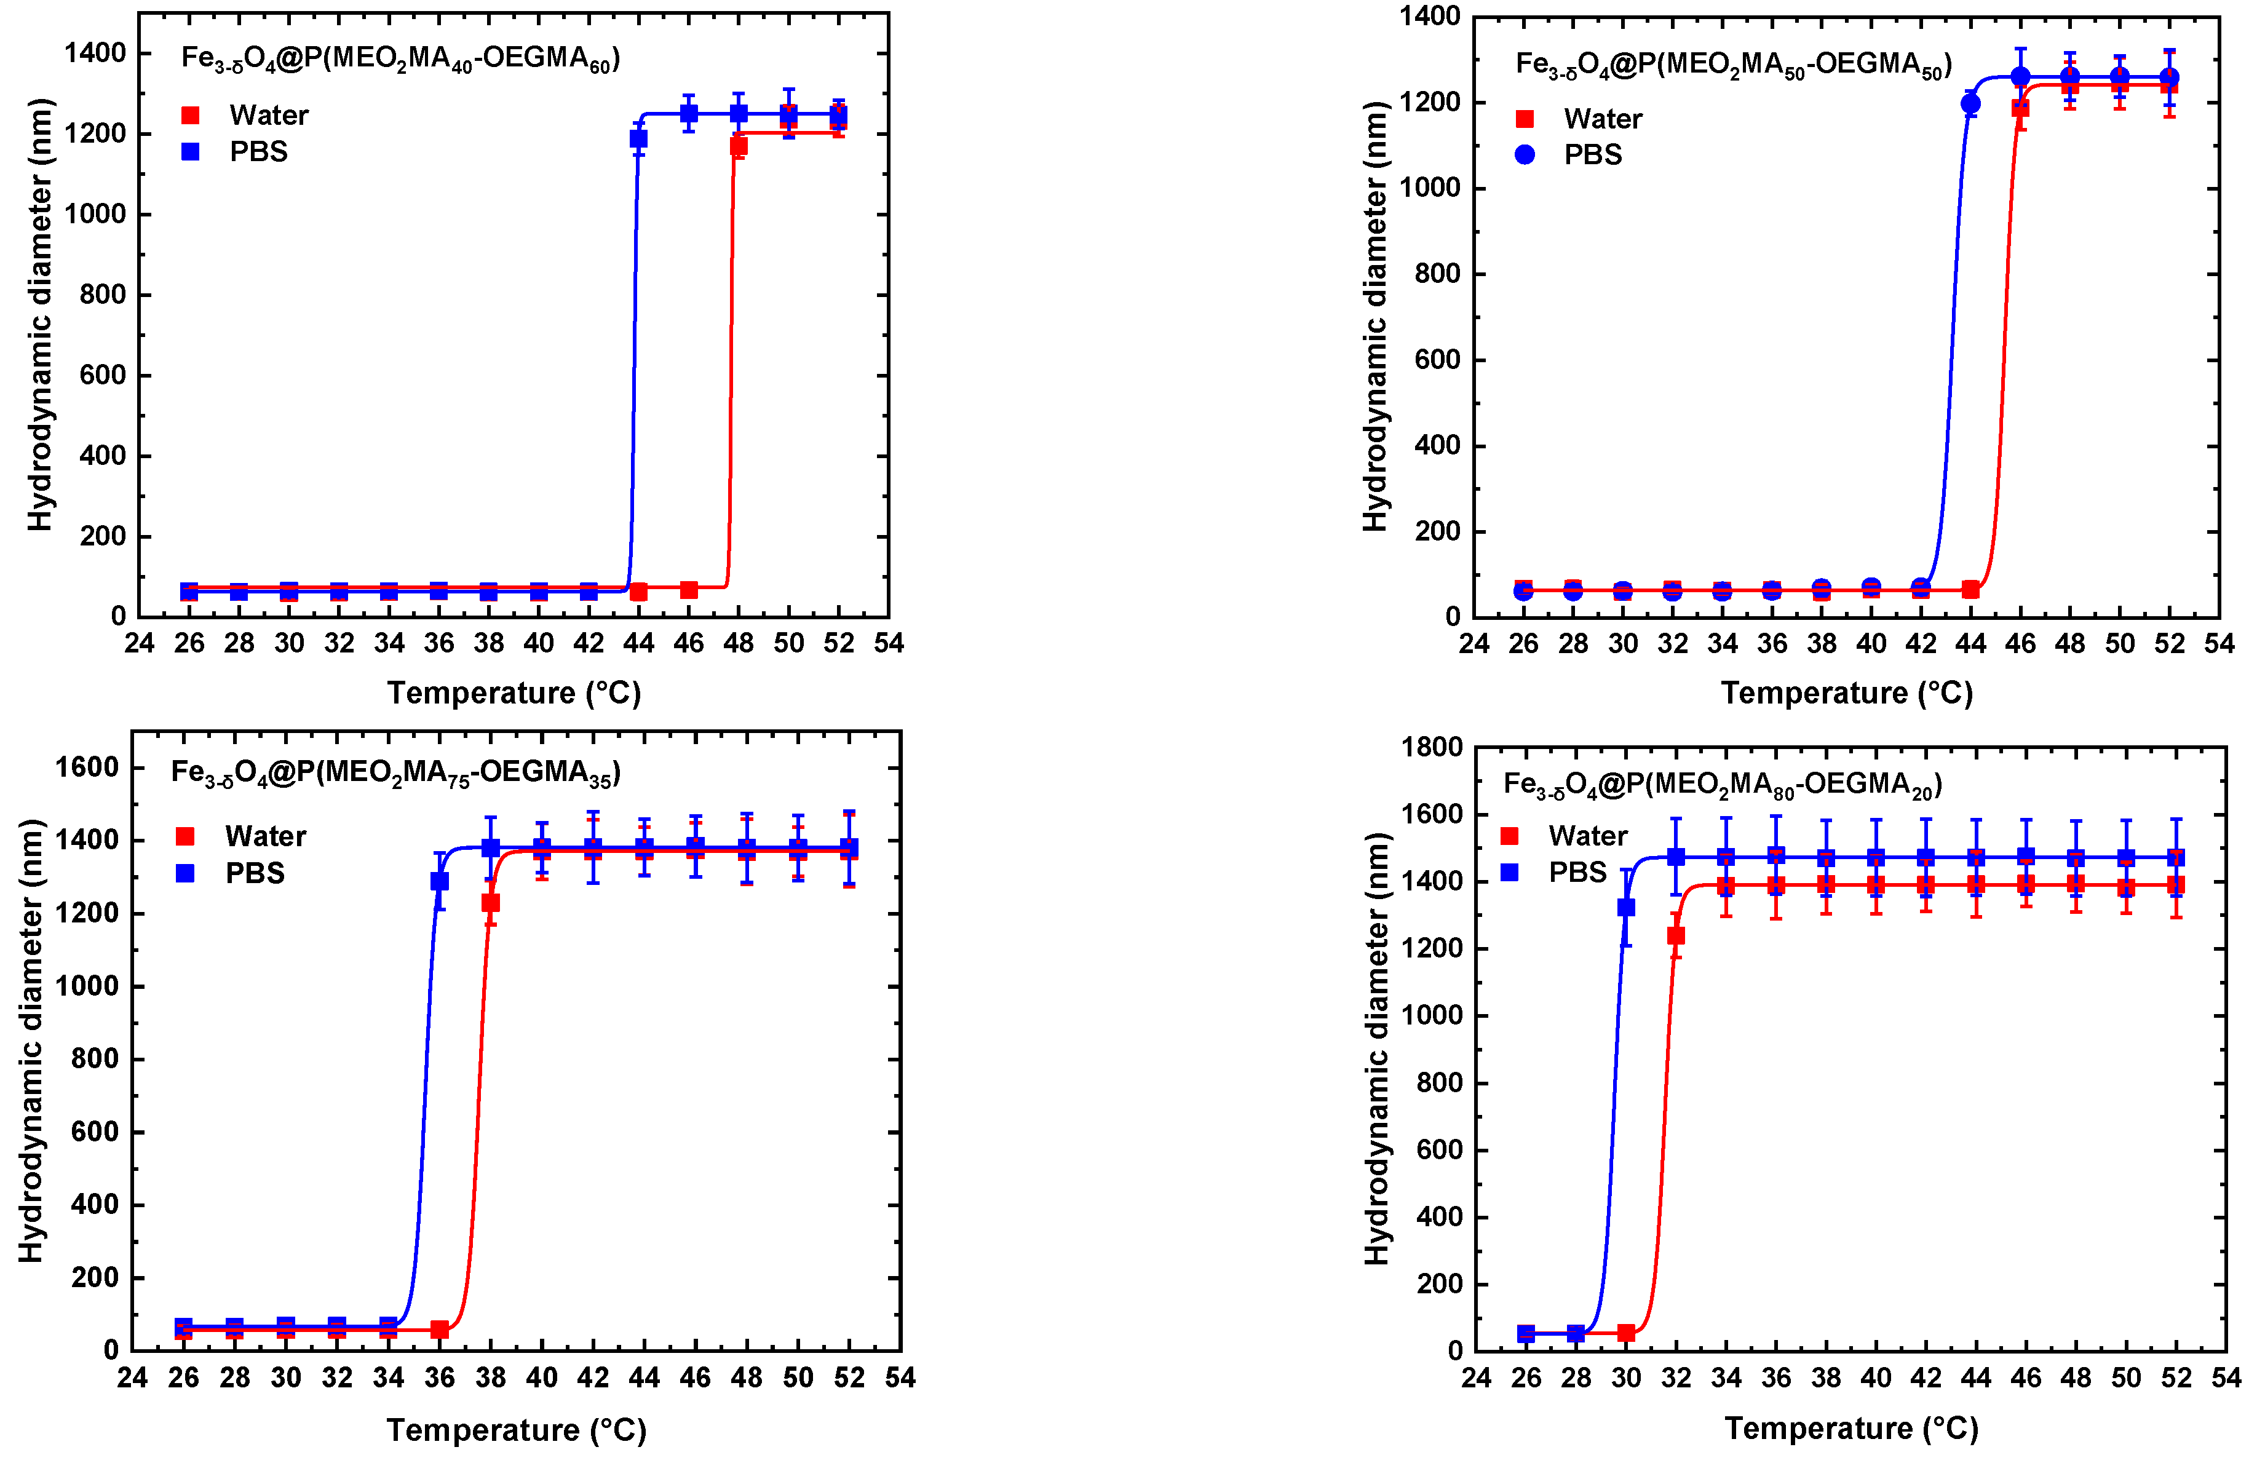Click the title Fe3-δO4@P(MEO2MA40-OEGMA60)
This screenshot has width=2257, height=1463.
coord(400,59)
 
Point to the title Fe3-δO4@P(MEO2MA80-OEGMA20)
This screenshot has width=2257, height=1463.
coord(1722,784)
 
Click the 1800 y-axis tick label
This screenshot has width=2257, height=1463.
coord(1431,747)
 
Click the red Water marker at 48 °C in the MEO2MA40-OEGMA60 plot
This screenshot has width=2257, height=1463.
coord(738,146)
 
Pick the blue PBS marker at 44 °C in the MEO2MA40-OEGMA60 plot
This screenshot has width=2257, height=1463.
coord(638,138)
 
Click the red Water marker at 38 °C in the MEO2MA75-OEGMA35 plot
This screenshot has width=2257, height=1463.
coord(490,903)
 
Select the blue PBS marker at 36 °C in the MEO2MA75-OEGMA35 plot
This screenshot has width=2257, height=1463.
coord(439,881)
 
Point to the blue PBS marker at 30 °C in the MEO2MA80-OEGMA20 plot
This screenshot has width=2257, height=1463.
coord(1625,908)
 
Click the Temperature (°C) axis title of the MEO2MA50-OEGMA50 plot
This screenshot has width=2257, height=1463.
coord(1846,693)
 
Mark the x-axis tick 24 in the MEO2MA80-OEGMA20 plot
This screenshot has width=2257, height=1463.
coord(1475,1378)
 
